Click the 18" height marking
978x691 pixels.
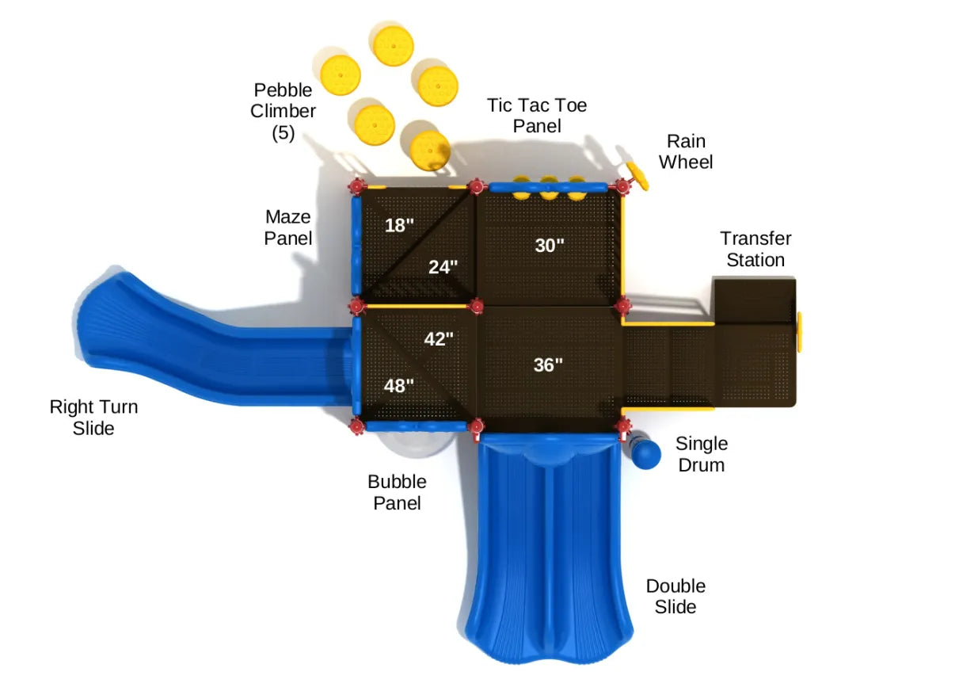[x=399, y=225]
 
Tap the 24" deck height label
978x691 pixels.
[x=443, y=267]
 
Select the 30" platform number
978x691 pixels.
[x=549, y=246]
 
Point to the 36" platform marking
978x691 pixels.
[x=548, y=365]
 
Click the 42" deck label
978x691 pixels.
[x=439, y=339]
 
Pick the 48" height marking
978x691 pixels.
[x=398, y=386]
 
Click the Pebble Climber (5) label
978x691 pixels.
[x=283, y=112]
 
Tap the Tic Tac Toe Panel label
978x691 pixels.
[x=537, y=116]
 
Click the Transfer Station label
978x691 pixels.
[x=755, y=249]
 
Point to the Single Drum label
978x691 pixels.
[x=701, y=454]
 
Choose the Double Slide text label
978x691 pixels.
[x=675, y=597]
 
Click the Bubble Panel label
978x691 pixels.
[x=397, y=492]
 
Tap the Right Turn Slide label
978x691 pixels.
[x=93, y=418]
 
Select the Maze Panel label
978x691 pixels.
[x=288, y=227]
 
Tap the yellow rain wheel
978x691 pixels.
[x=637, y=176]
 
